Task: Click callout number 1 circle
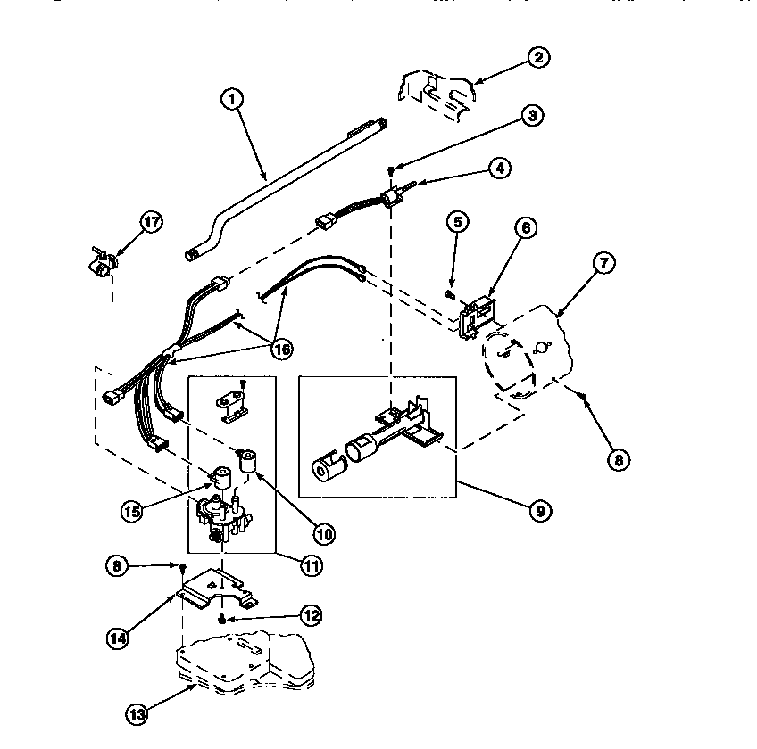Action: click(x=232, y=100)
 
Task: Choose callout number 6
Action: click(x=524, y=229)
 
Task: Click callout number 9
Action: click(x=538, y=511)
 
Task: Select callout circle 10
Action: click(x=322, y=533)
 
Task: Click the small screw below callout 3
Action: click(x=391, y=170)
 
